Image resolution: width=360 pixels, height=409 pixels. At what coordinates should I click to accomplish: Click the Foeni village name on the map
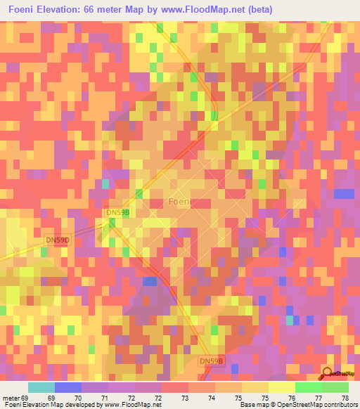(x=181, y=202)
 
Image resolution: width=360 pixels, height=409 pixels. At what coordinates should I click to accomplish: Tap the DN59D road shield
(x=58, y=240)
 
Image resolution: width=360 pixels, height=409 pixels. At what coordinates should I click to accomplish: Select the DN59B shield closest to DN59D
(x=117, y=212)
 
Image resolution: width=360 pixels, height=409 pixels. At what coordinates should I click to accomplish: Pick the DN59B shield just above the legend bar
(x=212, y=361)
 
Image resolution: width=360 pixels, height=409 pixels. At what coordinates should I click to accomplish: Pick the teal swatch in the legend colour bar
(x=41, y=387)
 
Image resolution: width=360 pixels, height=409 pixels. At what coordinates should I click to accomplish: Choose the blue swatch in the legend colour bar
(x=67, y=387)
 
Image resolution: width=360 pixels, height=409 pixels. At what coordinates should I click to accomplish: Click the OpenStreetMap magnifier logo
(x=328, y=373)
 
